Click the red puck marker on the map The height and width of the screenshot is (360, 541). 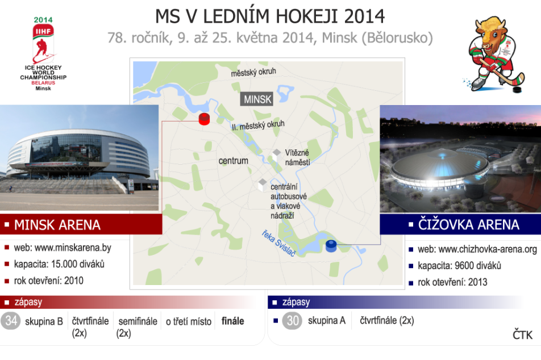(204, 119)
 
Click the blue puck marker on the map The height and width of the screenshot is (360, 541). (331, 246)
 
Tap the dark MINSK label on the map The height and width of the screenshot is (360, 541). (257, 99)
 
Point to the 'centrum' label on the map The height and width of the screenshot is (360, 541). (233, 161)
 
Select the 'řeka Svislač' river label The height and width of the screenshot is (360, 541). (278, 244)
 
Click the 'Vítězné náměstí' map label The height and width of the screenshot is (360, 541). (297, 157)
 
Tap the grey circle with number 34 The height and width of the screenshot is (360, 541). (11, 320)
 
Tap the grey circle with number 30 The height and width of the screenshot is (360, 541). (292, 320)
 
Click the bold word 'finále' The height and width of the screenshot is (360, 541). (233, 321)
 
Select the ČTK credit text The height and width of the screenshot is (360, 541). (522, 335)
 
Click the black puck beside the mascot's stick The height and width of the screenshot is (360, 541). (518, 90)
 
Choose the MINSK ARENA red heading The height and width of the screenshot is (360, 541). (57, 225)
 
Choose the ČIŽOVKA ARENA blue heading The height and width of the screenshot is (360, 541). (468, 224)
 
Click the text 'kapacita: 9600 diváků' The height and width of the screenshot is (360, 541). (459, 266)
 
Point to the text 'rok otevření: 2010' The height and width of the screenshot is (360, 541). (49, 281)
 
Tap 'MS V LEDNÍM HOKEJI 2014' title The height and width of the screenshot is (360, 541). (270, 16)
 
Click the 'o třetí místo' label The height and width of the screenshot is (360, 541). (189, 321)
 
